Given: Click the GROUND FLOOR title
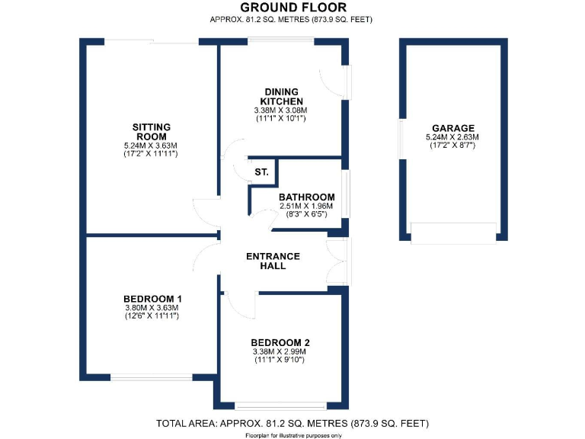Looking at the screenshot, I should (x=292, y=8).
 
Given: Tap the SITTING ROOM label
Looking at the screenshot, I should (x=151, y=132).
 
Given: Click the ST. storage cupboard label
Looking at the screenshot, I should (x=261, y=173).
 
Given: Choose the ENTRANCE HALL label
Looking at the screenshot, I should (x=273, y=261).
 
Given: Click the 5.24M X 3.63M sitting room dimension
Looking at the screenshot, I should (x=151, y=145).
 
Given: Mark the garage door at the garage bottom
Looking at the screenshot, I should (x=453, y=232).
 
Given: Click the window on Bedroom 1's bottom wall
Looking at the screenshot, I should (x=151, y=377).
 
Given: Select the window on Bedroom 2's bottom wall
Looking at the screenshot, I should (x=281, y=404).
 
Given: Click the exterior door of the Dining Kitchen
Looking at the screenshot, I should (x=340, y=84).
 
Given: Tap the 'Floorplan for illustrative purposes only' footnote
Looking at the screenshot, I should (x=292, y=434).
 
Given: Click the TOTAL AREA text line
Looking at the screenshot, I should (x=292, y=422).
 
